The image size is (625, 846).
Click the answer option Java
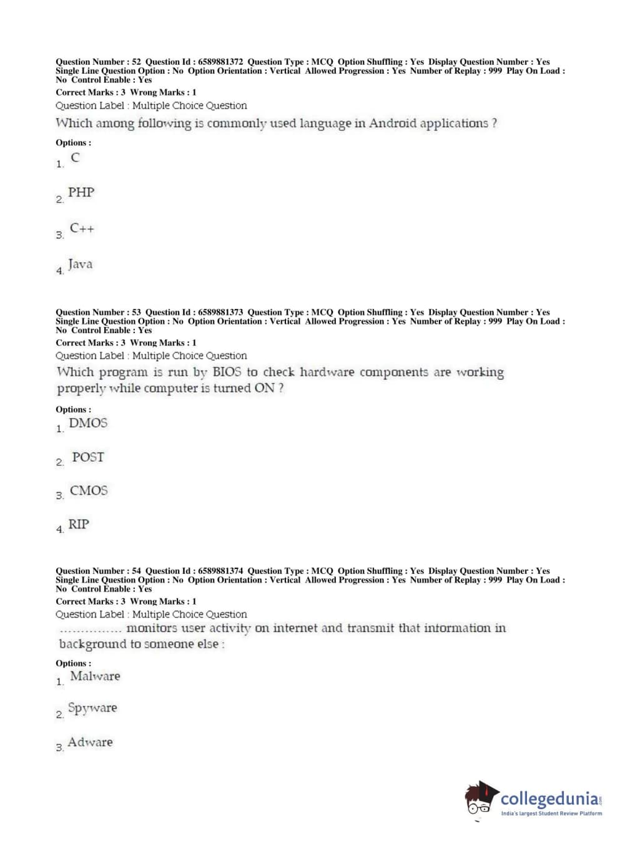(80, 265)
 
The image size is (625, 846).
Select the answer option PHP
(81, 193)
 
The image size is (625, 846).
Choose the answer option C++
(82, 228)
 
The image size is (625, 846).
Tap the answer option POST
(87, 457)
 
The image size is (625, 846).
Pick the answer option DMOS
(88, 423)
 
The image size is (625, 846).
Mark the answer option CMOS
(89, 491)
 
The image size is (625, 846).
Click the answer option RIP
(79, 525)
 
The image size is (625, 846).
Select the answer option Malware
(95, 676)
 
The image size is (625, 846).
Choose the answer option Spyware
(92, 708)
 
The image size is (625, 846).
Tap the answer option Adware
(91, 742)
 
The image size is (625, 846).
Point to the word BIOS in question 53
(227, 372)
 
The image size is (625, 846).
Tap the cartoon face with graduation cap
(480, 799)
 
